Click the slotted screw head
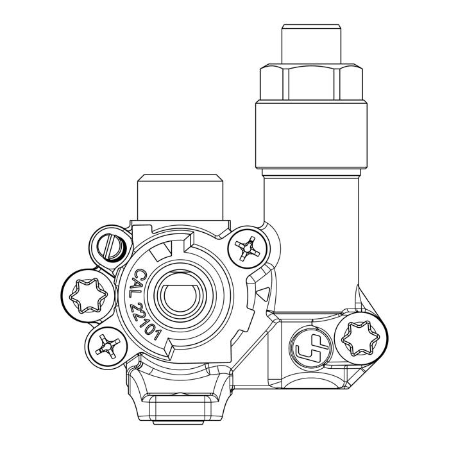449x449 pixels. click(x=110, y=247)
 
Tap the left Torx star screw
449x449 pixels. click(x=89, y=295)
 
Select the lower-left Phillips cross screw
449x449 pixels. click(x=106, y=347)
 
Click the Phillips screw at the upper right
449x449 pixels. click(x=248, y=248)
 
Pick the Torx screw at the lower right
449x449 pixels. click(x=360, y=339)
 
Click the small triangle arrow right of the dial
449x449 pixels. click(x=264, y=294)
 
